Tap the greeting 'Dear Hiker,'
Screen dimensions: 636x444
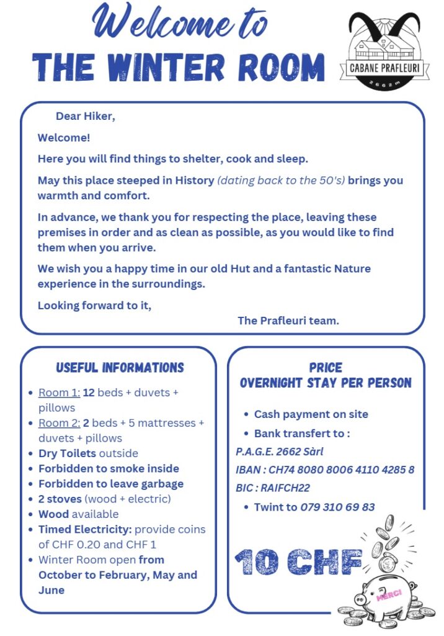85,116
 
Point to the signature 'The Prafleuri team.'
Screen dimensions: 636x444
288,320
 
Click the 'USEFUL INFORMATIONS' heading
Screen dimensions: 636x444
120,368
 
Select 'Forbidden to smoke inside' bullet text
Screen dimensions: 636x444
109,468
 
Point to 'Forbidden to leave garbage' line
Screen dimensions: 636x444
111,484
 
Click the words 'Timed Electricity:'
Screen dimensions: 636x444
85,529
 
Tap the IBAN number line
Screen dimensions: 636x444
325,470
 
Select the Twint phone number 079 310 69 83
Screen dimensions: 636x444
337,507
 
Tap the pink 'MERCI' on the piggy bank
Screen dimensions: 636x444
389,594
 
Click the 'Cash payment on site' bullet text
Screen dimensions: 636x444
311,414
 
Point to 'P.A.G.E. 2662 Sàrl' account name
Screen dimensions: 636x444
279,452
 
